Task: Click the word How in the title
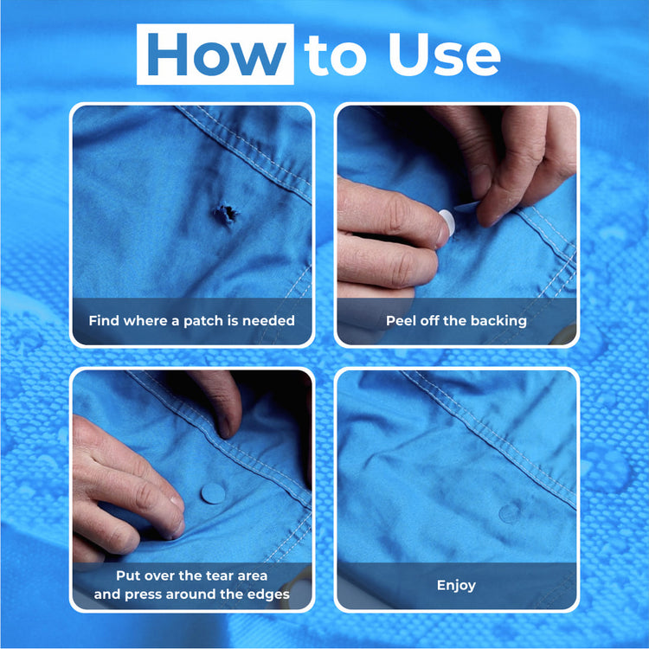coord(216,55)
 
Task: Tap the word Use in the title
coord(444,55)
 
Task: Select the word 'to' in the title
coord(335,56)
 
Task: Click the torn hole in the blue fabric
coord(227,213)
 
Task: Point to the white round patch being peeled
coord(447,222)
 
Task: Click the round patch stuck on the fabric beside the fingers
coord(213,493)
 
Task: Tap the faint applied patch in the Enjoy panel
coord(510,513)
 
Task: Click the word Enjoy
coord(456,585)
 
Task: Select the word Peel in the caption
coord(401,320)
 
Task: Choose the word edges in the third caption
coord(268,594)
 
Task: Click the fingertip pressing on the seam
coord(225,428)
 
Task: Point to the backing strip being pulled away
coord(467,206)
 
